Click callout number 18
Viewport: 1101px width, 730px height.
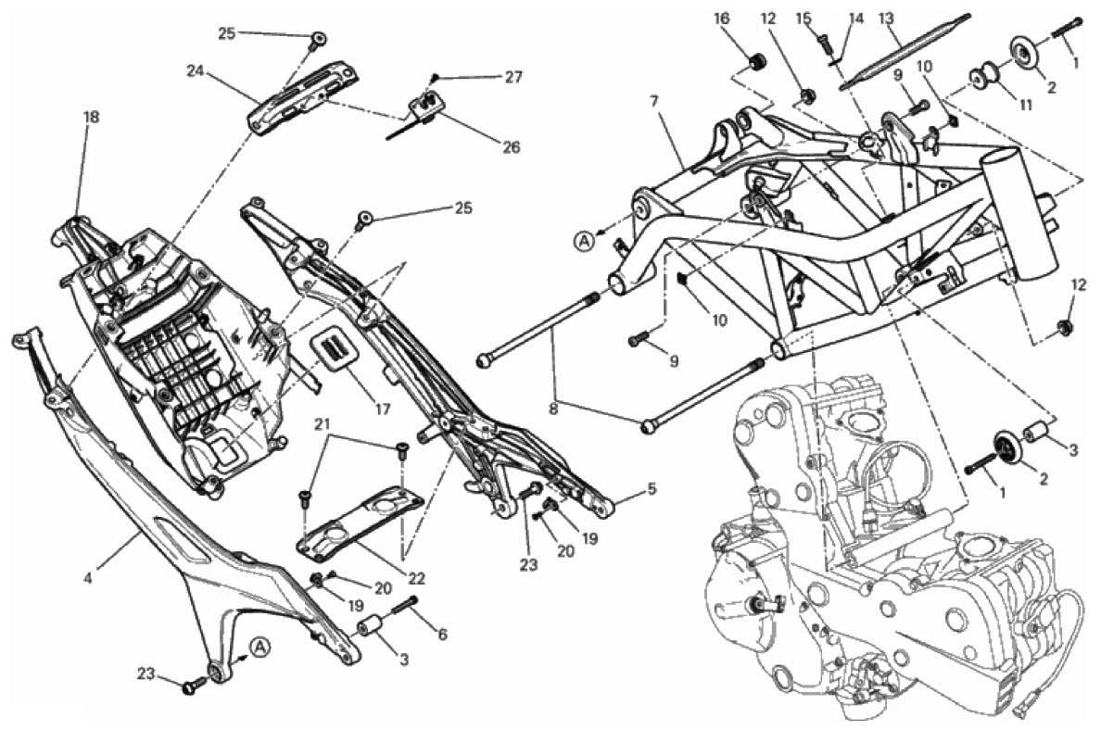[x=91, y=118]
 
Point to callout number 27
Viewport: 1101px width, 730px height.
[x=513, y=78]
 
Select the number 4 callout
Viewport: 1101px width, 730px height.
[x=88, y=579]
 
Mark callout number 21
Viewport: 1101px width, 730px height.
[x=322, y=424]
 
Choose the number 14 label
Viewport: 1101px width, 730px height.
[x=855, y=18]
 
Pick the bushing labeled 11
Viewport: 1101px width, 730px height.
[x=983, y=75]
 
